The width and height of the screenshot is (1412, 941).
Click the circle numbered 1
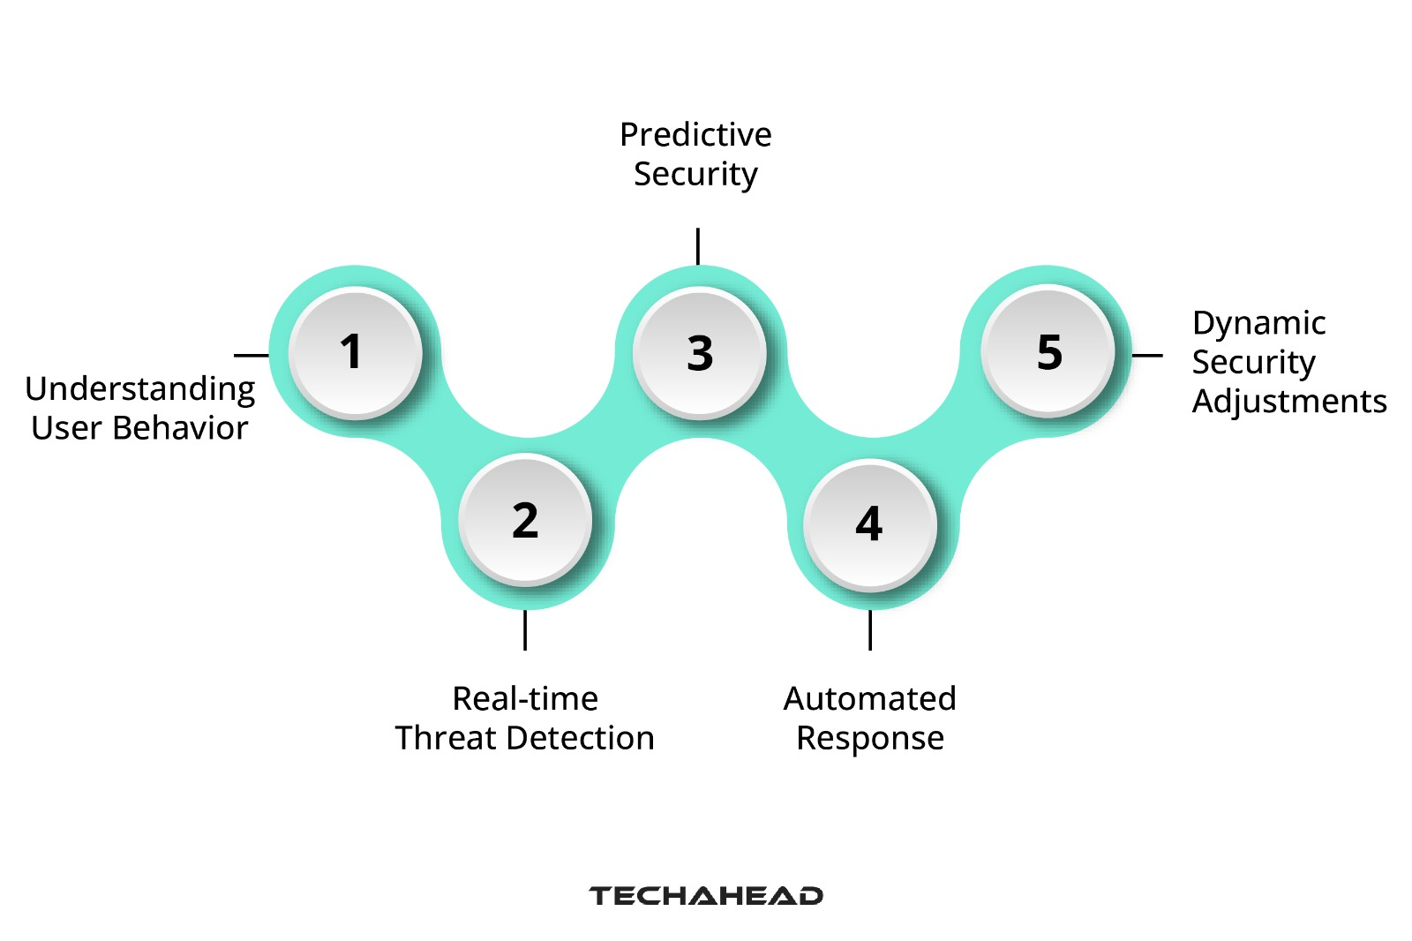[x=355, y=351]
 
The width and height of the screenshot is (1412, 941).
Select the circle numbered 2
[x=525, y=520]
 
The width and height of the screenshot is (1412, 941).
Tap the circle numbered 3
[x=699, y=353]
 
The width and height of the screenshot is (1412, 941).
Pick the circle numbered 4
[x=869, y=523]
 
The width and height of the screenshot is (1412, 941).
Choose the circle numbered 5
[x=1048, y=350]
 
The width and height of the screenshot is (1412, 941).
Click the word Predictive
[x=695, y=135]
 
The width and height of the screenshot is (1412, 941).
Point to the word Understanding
[x=140, y=389]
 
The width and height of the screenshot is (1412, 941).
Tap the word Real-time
[x=525, y=698]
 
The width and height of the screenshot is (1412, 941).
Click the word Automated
[x=869, y=698]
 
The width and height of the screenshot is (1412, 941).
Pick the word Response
[x=869, y=738]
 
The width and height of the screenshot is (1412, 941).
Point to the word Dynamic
[x=1258, y=323]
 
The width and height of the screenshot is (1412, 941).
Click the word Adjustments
[x=1289, y=401]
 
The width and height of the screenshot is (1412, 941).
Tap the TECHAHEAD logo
[x=706, y=896]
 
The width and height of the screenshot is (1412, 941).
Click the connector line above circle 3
[x=698, y=246]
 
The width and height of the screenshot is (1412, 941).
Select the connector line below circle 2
[x=525, y=630]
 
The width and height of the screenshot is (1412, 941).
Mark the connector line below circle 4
[x=870, y=630]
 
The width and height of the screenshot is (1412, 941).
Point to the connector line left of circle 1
[x=252, y=356]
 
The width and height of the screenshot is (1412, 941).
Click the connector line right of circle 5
[x=1147, y=356]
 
